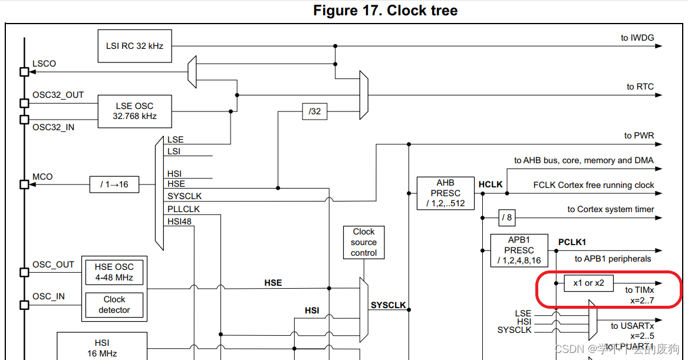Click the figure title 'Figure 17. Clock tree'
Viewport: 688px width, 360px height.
[x=385, y=10]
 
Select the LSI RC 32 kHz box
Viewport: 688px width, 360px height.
[x=134, y=46]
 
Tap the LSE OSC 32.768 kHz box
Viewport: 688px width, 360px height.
[x=134, y=111]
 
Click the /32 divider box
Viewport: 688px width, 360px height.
[x=315, y=111]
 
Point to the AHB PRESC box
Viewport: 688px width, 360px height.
[x=446, y=193]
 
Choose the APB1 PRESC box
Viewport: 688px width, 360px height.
[x=519, y=250]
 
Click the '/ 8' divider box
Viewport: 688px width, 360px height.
[x=507, y=217]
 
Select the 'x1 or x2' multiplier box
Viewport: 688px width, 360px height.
[x=588, y=283]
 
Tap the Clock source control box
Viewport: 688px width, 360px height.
[x=364, y=242]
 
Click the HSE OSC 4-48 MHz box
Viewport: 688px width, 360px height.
[x=114, y=272]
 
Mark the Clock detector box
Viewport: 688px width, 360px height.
[x=114, y=305]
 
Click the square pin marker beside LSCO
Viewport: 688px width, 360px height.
[x=24, y=72]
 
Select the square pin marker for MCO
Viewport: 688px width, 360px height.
[x=24, y=184]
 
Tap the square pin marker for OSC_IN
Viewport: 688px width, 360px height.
[x=24, y=305]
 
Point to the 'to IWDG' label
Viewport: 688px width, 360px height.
[x=637, y=38]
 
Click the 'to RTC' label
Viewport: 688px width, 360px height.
[x=640, y=87]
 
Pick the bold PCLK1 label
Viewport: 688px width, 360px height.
[x=572, y=242]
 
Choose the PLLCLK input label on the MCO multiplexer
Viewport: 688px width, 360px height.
[x=183, y=209]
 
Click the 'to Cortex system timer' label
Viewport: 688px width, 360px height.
[x=610, y=209]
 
